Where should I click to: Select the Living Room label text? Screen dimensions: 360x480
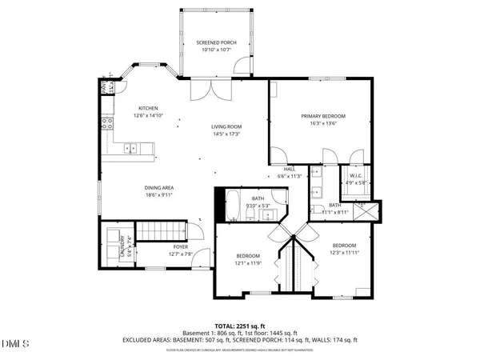(226, 126)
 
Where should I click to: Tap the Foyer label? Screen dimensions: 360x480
(181, 247)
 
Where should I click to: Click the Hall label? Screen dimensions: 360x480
(289, 169)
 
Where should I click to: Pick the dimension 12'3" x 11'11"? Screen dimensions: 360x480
(344, 253)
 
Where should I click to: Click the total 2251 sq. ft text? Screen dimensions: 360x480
(239, 326)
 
